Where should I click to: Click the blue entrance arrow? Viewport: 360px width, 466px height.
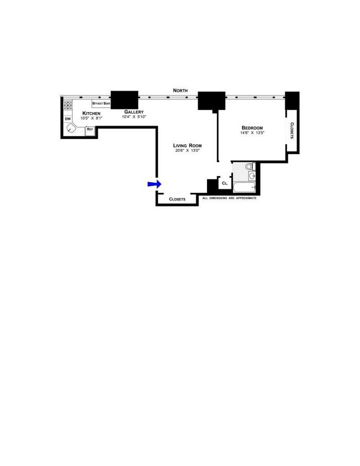coord(153,184)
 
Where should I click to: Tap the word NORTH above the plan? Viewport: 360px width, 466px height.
coord(180,90)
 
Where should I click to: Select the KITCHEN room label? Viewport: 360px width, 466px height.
coord(91,113)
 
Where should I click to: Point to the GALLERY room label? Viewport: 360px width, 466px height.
coord(134,112)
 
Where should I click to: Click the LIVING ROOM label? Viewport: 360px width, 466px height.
coord(187,145)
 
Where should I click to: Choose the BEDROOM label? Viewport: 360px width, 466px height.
coord(252,128)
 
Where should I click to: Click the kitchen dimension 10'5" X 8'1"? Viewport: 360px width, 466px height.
coord(91,118)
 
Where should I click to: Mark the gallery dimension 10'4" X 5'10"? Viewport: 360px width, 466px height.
coord(134,116)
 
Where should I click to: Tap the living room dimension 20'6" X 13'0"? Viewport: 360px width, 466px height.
coord(187,150)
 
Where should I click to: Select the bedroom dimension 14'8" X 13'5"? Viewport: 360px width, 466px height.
coord(252,133)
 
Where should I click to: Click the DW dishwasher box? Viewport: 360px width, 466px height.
coord(68,119)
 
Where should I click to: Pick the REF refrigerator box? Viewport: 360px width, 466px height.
coord(90,130)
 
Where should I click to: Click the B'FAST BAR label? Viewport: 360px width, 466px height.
coord(101,103)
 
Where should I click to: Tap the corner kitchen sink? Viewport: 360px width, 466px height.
coord(72,128)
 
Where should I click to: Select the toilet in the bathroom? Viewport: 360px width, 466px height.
coord(248,166)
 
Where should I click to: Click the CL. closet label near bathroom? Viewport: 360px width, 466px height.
coord(225,183)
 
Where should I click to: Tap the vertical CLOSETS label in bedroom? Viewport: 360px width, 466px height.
coord(292,130)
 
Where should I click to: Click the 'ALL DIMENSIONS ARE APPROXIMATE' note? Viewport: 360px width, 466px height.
coord(229,198)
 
